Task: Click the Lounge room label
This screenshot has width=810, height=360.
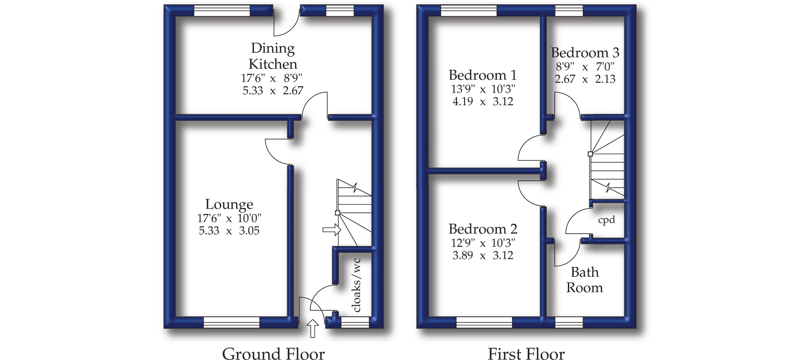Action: point(229,204)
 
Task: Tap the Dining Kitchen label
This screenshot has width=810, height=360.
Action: point(273,56)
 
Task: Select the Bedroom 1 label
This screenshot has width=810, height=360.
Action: point(482,75)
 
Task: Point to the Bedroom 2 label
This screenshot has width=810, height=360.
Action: point(483,229)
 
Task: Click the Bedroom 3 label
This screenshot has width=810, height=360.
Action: point(585,53)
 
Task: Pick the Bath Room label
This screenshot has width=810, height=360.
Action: point(584,280)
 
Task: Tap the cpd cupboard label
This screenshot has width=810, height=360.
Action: point(607,220)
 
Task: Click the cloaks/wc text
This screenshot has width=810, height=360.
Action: point(357,285)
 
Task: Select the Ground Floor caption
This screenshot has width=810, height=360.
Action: point(273,354)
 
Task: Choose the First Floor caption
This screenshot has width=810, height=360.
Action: point(526,354)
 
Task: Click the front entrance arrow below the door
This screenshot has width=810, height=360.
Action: point(312,328)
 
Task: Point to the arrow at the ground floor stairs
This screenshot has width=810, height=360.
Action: point(331,230)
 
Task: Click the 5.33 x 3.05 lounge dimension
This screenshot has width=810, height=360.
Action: point(229,230)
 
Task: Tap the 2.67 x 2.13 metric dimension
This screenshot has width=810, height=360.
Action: point(585,79)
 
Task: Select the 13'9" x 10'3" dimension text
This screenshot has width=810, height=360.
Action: point(483,89)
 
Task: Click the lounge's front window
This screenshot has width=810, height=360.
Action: point(232,322)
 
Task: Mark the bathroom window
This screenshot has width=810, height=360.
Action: point(569,322)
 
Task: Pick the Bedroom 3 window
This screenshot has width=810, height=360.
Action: point(569,11)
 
